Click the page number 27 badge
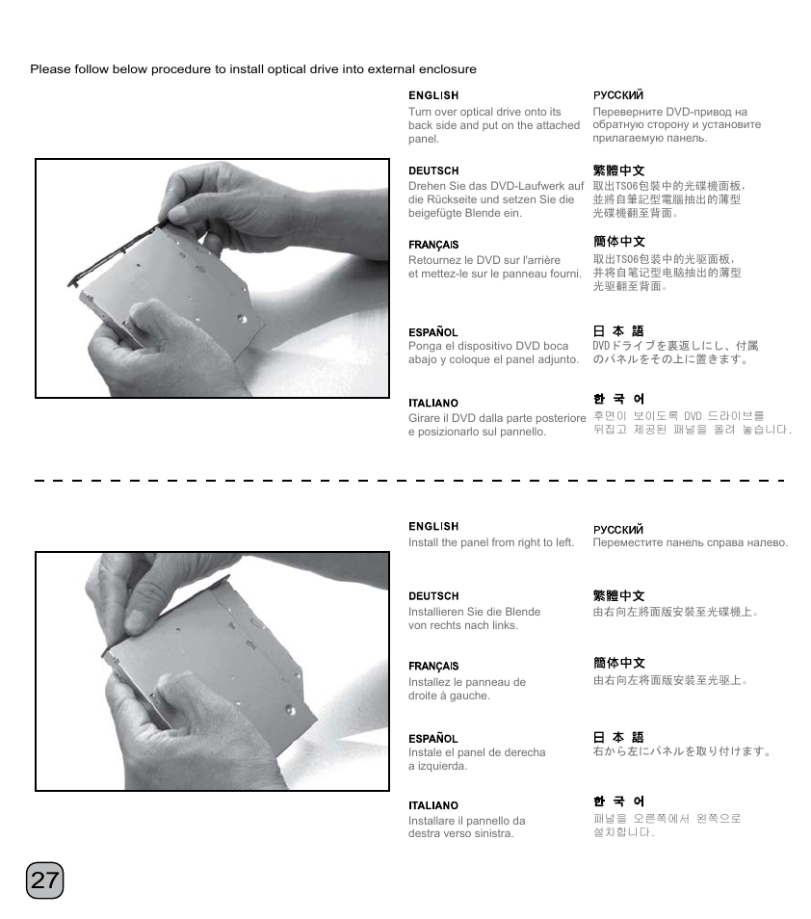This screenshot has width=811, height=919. (x=44, y=880)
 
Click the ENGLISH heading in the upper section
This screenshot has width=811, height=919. (x=433, y=95)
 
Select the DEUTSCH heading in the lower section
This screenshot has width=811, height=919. (x=433, y=596)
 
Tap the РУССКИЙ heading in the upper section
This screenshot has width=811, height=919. (x=617, y=95)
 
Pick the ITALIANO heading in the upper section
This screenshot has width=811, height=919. (x=433, y=403)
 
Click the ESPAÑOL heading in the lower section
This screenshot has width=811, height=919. (x=433, y=739)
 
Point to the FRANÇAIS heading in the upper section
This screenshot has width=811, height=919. (x=433, y=245)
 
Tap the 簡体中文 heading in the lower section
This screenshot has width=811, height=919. (x=618, y=663)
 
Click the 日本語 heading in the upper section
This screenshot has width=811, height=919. (x=617, y=331)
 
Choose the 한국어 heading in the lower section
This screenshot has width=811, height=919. (x=617, y=801)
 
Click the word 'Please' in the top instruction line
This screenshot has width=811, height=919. (x=48, y=69)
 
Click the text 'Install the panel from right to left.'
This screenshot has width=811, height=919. (x=490, y=542)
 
